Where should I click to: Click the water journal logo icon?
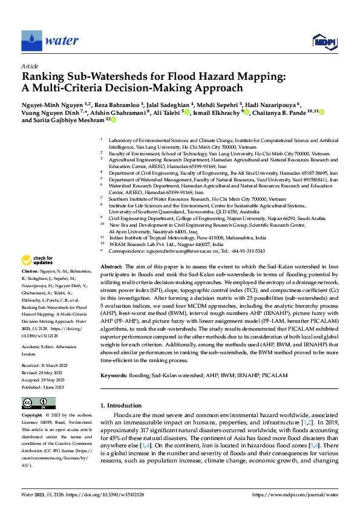click(x=32, y=40)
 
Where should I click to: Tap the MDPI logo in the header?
click(x=323, y=41)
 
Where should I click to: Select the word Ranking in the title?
click(x=41, y=77)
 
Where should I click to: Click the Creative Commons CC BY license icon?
click(x=35, y=403)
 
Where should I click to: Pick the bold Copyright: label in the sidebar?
click(x=32, y=416)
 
